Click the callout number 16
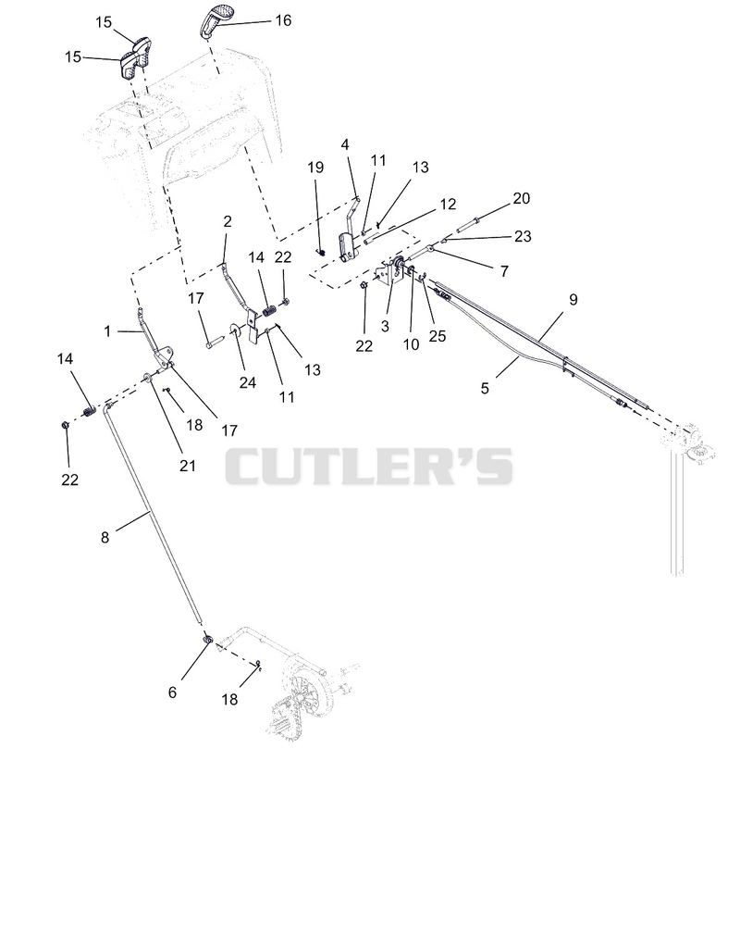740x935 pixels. pos(283,20)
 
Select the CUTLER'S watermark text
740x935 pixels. pos(369,467)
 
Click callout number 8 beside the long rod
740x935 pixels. pos(105,537)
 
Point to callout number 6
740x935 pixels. pos(172,692)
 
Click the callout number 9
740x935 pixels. pos(573,299)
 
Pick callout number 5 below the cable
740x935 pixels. pos(485,388)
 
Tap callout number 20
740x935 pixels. pos(522,198)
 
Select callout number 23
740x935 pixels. pos(523,236)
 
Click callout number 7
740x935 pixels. pos(504,271)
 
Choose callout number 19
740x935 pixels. pos(315,167)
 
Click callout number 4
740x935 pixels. pos(345,144)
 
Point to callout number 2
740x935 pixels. pos(227,221)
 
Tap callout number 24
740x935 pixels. pos(247,382)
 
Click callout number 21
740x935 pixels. pos(188,466)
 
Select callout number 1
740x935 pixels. pos(107,330)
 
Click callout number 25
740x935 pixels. pos(438,336)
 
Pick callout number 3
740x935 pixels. pos(385,326)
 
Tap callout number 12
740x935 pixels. pos(448,204)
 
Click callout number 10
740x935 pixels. pos(411,344)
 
